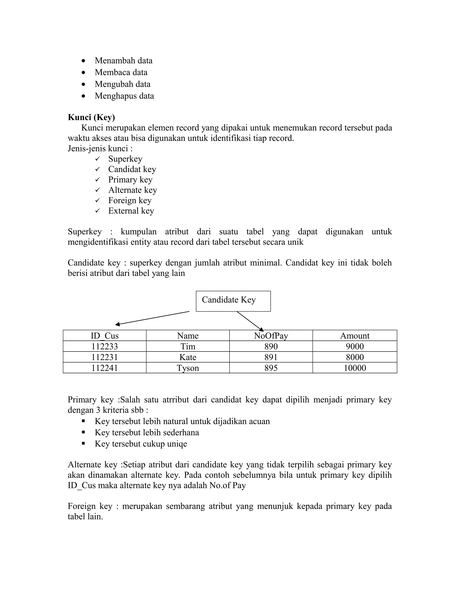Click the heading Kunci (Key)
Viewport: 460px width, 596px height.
click(x=91, y=117)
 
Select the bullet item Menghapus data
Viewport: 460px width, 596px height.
click(x=124, y=96)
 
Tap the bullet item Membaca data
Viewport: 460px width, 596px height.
click(x=121, y=72)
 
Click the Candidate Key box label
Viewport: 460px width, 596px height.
click(x=229, y=300)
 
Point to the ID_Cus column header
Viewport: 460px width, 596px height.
click(x=105, y=336)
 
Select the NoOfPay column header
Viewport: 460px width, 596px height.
click(x=271, y=336)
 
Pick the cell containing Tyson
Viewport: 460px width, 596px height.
click(x=188, y=368)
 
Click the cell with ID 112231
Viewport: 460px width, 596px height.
click(x=105, y=357)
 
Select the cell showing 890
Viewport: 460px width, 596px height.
click(x=271, y=347)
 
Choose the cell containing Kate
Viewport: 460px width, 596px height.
click(x=188, y=357)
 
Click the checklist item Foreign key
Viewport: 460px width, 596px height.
click(x=130, y=201)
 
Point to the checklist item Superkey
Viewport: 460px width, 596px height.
click(x=125, y=159)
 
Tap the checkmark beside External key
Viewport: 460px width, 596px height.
click(x=97, y=211)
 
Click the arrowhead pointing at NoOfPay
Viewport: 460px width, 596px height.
click(x=261, y=329)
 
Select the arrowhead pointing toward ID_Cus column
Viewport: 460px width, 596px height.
click(x=117, y=324)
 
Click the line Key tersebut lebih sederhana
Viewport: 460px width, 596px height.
click(x=147, y=432)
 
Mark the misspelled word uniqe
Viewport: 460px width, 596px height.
click(x=177, y=444)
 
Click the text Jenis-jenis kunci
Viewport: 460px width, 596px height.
click(x=100, y=149)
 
